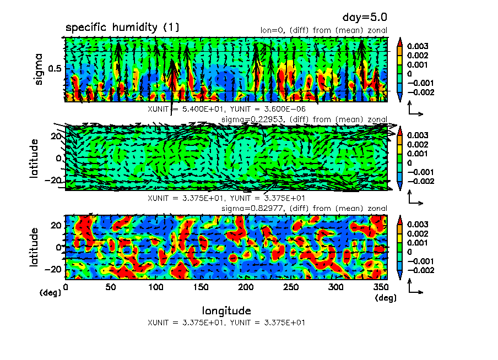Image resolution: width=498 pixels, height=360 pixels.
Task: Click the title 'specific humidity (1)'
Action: [x=122, y=28]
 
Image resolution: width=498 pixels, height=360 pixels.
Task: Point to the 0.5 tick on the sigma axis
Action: [x=55, y=68]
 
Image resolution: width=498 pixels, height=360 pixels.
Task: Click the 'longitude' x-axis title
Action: [x=226, y=310]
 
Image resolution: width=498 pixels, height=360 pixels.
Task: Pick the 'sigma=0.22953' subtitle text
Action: [x=244, y=119]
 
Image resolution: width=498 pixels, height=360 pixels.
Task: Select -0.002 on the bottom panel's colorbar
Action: [x=421, y=270]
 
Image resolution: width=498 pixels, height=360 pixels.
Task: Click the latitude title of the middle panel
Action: [x=35, y=158]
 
